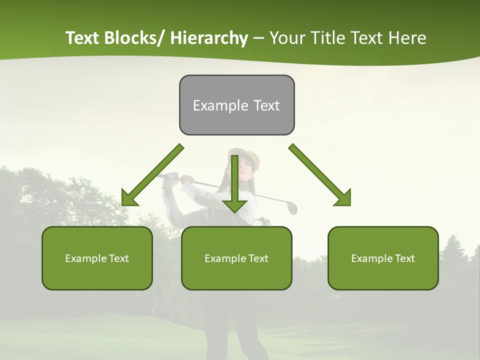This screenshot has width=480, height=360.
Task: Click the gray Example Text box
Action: [236, 105]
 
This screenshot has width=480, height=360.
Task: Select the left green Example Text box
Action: [97, 258]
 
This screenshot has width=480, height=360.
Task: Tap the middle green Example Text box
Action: [236, 258]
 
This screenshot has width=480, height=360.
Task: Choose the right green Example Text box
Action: [383, 258]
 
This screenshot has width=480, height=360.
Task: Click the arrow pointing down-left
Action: [152, 175]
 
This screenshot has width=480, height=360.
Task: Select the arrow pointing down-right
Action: [320, 175]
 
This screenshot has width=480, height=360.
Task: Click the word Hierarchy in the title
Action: [209, 38]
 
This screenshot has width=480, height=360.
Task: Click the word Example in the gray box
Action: [214, 105]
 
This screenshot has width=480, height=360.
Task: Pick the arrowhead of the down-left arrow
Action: [129, 198]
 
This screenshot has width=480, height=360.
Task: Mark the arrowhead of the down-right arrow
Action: [343, 198]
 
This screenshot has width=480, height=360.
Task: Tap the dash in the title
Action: [258, 38]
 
